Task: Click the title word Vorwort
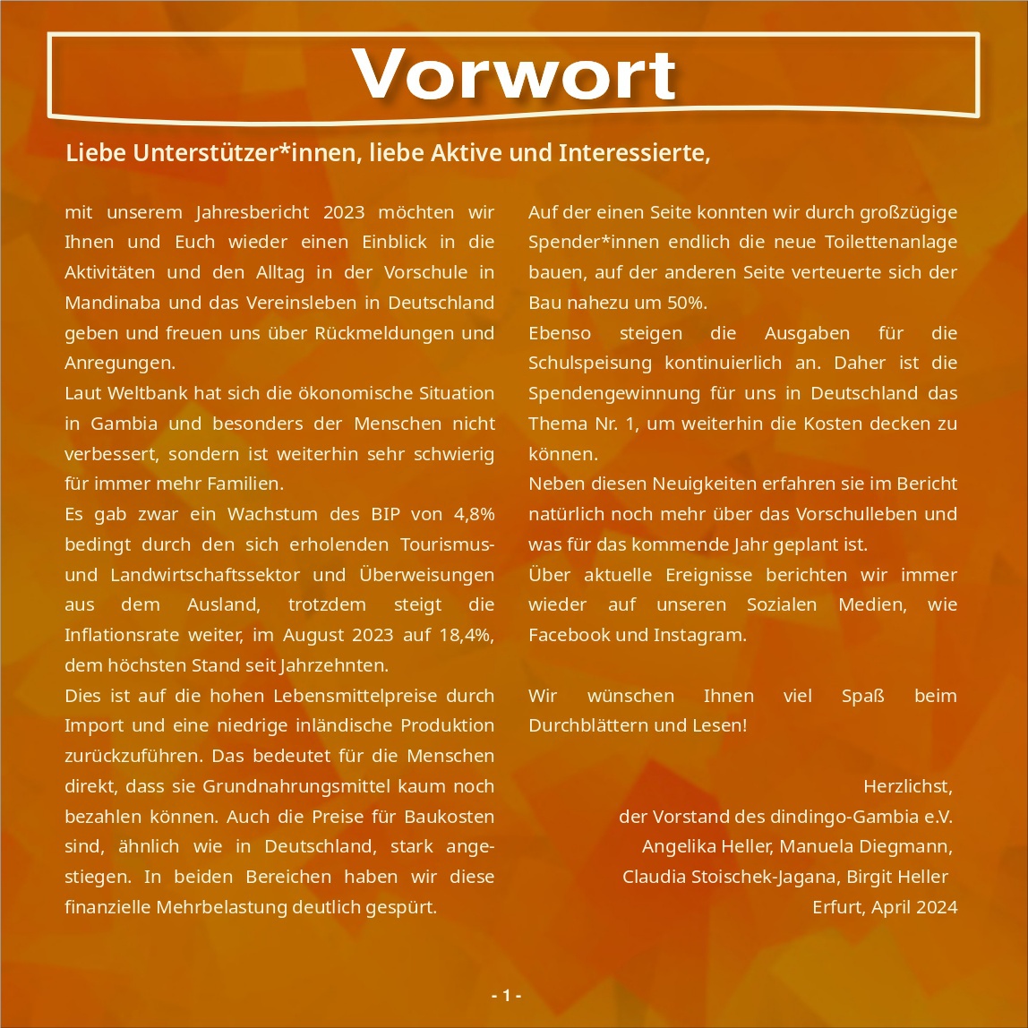[514, 74]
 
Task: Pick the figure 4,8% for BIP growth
[474, 514]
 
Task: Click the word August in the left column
[315, 635]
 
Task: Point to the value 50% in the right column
[685, 303]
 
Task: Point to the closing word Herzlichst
[907, 786]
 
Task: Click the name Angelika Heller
[707, 846]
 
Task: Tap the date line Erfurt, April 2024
[884, 907]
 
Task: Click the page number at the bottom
[507, 996]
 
